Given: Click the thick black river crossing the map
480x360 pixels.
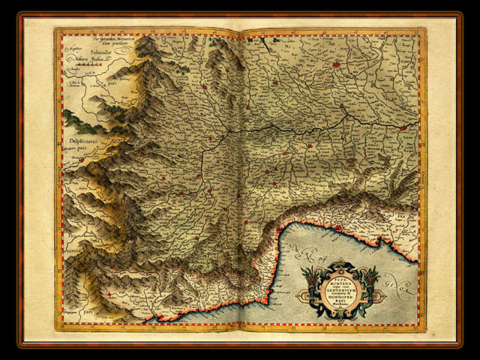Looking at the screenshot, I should pos(300,125).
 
